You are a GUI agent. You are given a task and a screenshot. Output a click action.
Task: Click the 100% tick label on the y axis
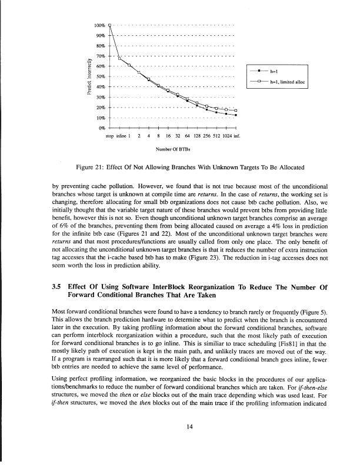coord(99,25)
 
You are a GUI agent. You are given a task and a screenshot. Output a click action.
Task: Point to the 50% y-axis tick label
coord(100,76)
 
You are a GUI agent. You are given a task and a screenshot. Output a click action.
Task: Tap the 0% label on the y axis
coord(101,128)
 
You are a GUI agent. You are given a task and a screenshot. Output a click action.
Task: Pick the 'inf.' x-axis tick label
coord(236,136)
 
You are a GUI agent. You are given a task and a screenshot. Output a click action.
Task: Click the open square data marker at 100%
coord(109,25)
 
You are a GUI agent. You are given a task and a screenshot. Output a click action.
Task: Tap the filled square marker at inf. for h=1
coord(236,115)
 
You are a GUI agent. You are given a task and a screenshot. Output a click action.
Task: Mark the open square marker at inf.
coord(236,111)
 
